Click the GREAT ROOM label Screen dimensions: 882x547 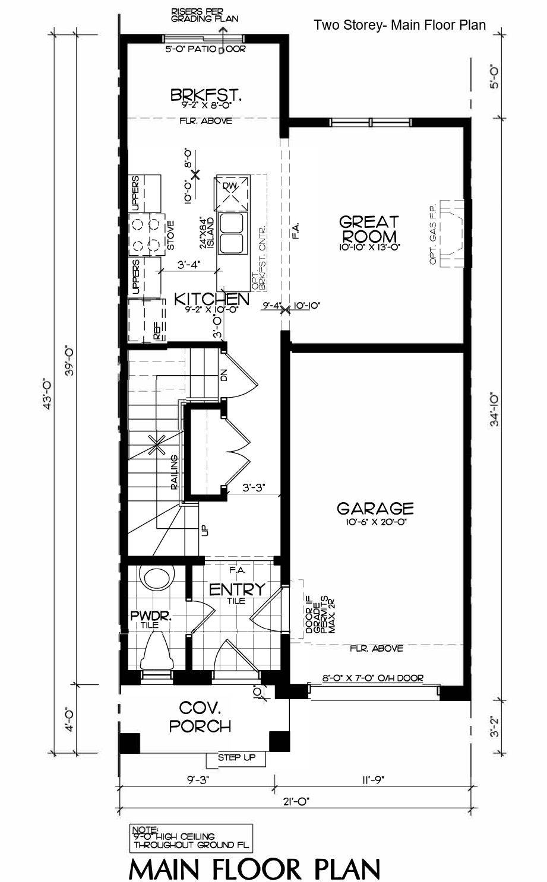tap(369, 229)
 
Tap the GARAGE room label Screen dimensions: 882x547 tap(375, 509)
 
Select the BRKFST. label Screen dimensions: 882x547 tap(206, 96)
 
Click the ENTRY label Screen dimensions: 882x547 tap(237, 589)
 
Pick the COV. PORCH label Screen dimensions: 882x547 tap(200, 716)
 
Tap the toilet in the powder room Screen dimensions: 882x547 tap(157, 652)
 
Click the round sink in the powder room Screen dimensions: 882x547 tap(157, 578)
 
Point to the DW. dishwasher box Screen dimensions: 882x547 tap(231, 193)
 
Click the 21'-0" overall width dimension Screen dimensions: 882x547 tap(295, 801)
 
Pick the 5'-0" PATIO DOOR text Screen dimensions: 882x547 tap(205, 49)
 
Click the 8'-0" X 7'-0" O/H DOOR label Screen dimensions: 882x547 tap(373, 678)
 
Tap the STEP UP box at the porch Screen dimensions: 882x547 tap(236, 758)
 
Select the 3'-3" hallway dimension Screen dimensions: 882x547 tap(254, 488)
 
